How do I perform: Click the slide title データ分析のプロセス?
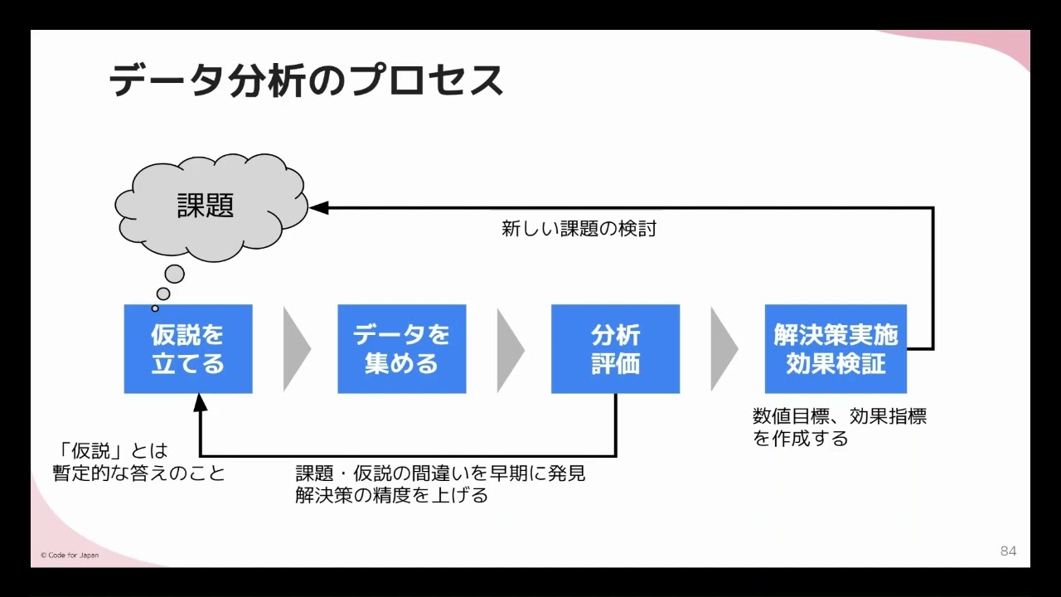[x=306, y=81]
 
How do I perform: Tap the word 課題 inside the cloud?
[x=206, y=206]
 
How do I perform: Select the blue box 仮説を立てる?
[x=188, y=349]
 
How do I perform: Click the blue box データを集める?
[x=401, y=349]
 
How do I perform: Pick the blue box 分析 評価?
[x=615, y=349]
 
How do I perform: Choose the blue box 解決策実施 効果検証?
[x=836, y=349]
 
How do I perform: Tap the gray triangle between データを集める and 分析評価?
[x=508, y=349]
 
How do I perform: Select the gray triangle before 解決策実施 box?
[x=722, y=349]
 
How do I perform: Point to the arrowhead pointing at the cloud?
[x=319, y=207]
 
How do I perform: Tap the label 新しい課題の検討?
[x=579, y=229]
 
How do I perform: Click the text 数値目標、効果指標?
[x=839, y=416]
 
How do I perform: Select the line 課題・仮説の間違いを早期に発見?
[x=440, y=473]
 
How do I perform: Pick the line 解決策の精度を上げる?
[x=391, y=496]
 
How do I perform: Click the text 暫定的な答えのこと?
[x=138, y=473]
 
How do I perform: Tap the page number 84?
[x=1008, y=551]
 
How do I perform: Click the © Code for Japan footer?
[x=70, y=555]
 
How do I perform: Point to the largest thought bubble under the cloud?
[x=174, y=274]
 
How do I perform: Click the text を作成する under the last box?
[x=800, y=439]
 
